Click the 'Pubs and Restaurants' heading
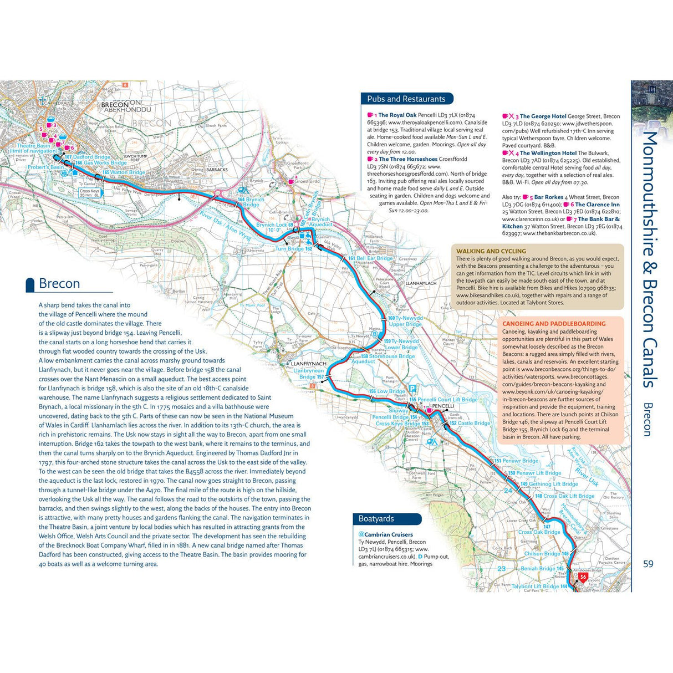(x=406, y=99)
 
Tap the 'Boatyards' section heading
(x=376, y=518)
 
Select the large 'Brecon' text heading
(x=59, y=284)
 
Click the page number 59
(x=648, y=564)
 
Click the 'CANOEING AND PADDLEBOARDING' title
(x=554, y=324)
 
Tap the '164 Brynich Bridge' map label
(x=251, y=202)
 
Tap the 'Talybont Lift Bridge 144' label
(x=539, y=586)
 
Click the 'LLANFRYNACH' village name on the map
(x=309, y=364)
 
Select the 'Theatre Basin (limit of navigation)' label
(x=37, y=149)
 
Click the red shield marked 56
(x=583, y=577)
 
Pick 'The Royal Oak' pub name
(x=397, y=115)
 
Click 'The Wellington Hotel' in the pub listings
(x=548, y=153)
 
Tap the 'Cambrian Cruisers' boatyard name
(x=388, y=534)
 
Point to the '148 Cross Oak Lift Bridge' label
(x=564, y=496)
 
